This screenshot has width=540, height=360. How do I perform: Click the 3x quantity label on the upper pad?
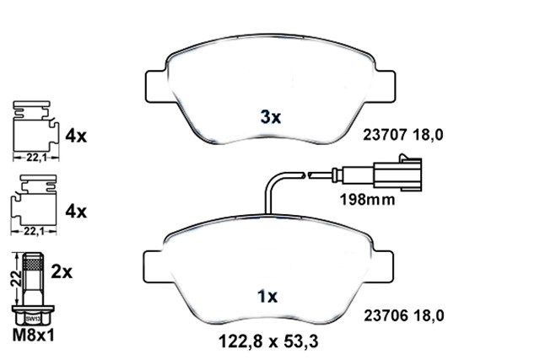pyautogui.click(x=269, y=118)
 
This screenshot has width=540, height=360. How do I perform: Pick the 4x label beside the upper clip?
pyautogui.click(x=76, y=136)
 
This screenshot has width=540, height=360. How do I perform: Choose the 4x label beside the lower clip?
pyautogui.click(x=76, y=211)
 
